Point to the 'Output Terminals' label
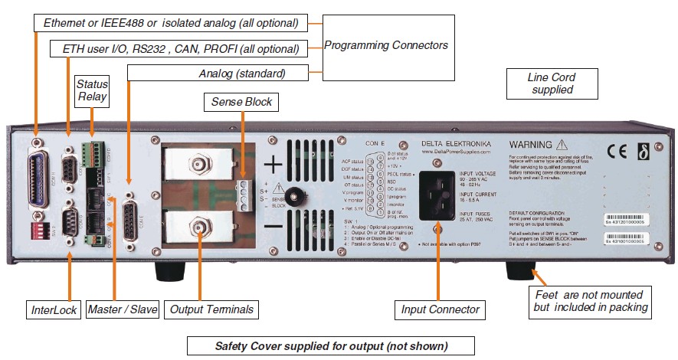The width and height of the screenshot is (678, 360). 211,310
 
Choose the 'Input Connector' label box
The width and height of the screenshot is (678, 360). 441,310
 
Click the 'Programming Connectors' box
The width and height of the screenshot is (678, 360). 386,45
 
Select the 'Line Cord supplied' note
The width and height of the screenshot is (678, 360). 551,83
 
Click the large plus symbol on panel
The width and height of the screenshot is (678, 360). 274,165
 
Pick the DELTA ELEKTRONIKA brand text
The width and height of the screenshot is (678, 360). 455,143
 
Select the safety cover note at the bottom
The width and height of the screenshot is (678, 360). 330,345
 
